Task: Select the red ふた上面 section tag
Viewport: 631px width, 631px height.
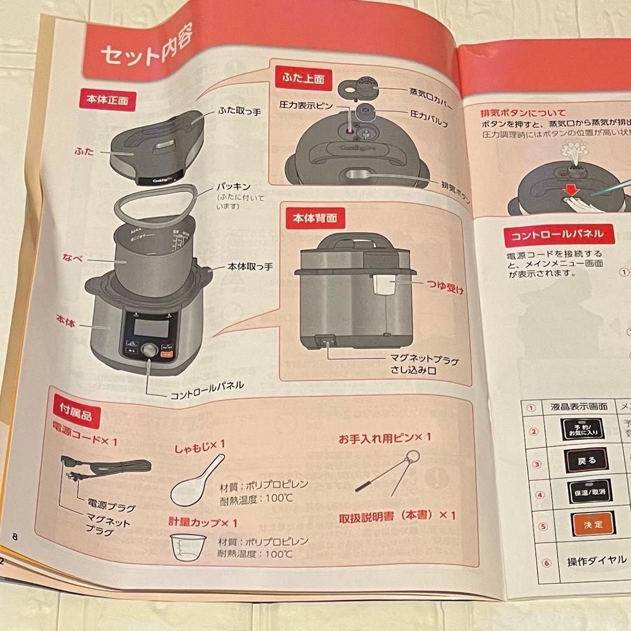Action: (x=300, y=77)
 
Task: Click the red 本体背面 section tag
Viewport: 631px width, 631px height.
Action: (x=314, y=219)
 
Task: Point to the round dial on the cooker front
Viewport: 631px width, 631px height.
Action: (x=150, y=351)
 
